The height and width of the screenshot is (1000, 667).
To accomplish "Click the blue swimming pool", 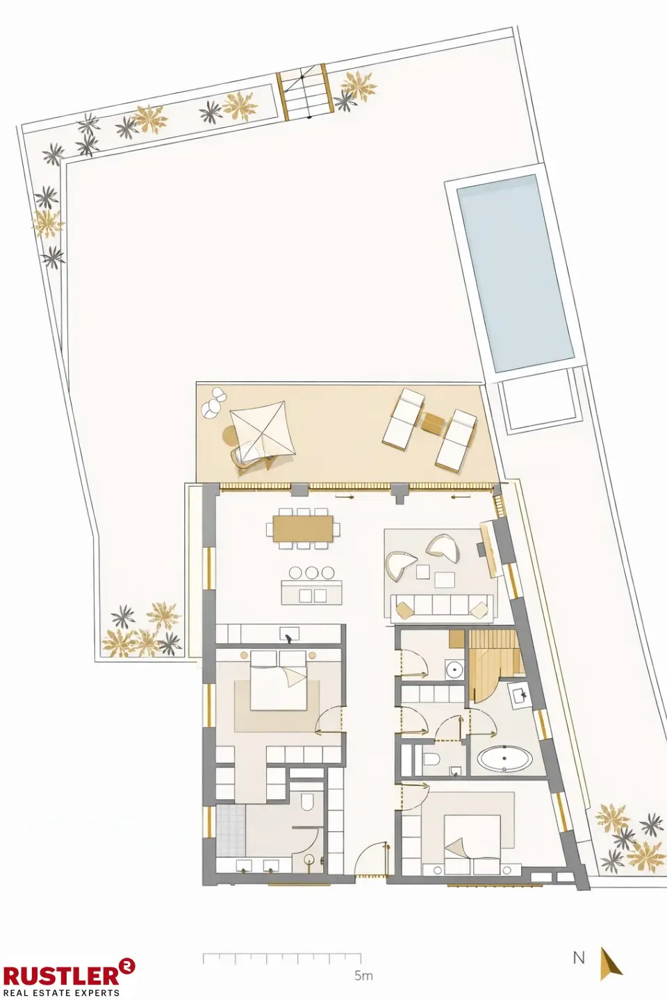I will [516, 272].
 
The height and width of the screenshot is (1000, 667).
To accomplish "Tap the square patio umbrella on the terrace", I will [262, 429].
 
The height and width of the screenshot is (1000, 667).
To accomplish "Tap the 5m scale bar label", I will [363, 976].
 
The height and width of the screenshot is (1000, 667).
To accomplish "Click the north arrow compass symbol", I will [610, 963].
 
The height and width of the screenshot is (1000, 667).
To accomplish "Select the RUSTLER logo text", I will [61, 975].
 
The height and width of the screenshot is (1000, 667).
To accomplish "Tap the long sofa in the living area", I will [441, 607].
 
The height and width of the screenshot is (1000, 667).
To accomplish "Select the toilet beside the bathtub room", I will [430, 759].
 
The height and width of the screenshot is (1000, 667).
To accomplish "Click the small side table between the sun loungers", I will [432, 422].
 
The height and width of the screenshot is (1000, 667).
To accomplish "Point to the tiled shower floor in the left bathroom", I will [230, 831].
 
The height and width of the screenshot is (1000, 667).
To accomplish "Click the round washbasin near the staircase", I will [454, 670].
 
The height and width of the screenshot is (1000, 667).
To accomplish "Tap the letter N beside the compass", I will [579, 958].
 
